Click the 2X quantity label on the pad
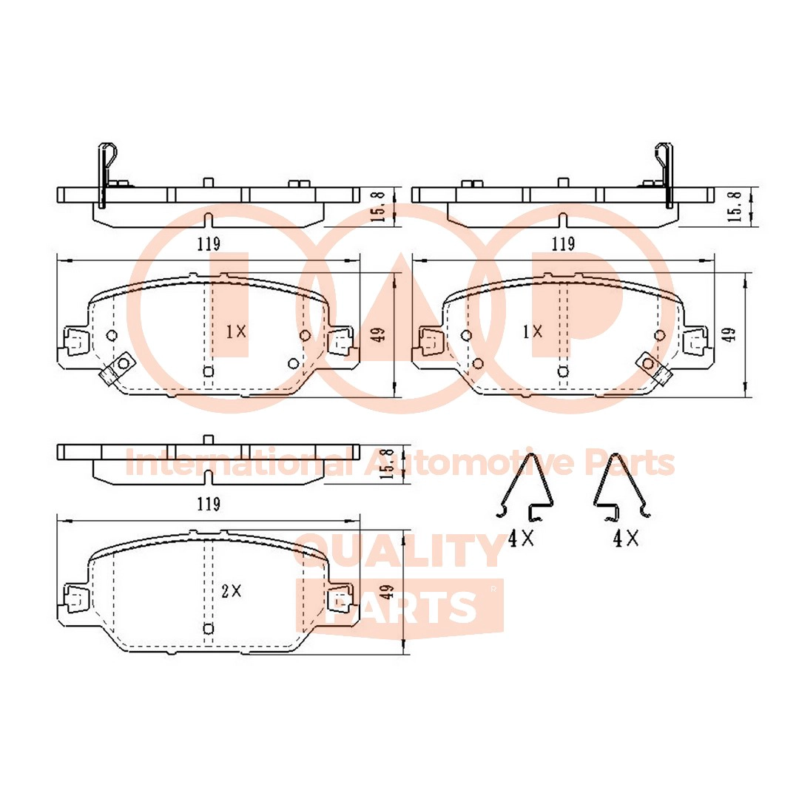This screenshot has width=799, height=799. pyautogui.click(x=232, y=590)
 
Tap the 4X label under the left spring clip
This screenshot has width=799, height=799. pyautogui.click(x=521, y=540)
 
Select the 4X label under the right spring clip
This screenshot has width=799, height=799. pyautogui.click(x=625, y=540)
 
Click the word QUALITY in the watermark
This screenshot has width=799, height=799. pyautogui.click(x=399, y=552)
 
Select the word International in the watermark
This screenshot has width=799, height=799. pyautogui.click(x=237, y=464)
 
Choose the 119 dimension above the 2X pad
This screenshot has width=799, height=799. pyautogui.click(x=209, y=505)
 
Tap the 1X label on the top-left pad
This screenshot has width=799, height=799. pyautogui.click(x=235, y=332)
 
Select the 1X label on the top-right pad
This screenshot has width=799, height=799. pyautogui.click(x=532, y=331)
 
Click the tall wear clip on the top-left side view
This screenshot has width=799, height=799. pyautogui.click(x=104, y=174)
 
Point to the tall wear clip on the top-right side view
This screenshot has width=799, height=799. pyautogui.click(x=664, y=174)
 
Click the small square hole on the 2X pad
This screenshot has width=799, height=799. pyautogui.click(x=208, y=629)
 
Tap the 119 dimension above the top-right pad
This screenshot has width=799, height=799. pyautogui.click(x=563, y=243)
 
